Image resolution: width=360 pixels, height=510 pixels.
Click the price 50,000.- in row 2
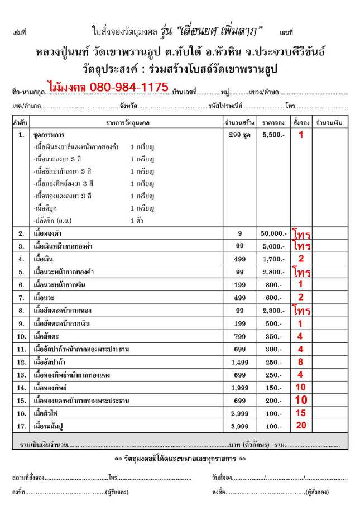pyautogui.click(x=273, y=233)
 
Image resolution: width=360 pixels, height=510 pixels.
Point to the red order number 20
pyautogui.click(x=300, y=426)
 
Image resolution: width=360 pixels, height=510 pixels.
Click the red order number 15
pyautogui.click(x=300, y=413)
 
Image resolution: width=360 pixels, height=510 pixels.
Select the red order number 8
pyautogui.click(x=300, y=361)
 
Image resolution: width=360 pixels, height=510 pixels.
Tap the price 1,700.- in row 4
pyautogui.click(x=273, y=259)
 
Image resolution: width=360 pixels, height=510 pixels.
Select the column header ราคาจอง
pyautogui.click(x=273, y=122)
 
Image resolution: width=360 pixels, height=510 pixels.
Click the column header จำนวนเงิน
pyautogui.click(x=329, y=122)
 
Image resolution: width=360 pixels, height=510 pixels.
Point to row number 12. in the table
pyautogui.click(x=21, y=362)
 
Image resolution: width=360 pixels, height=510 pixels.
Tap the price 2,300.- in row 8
pyautogui.click(x=273, y=311)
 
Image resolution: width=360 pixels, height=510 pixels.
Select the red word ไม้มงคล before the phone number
pyautogui.click(x=64, y=87)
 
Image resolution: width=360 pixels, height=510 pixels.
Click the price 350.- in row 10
pyautogui.click(x=273, y=336)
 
